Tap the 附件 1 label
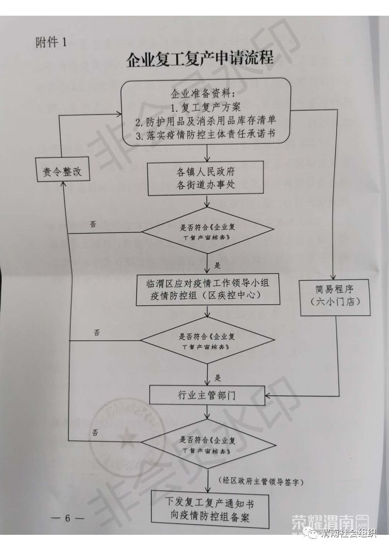pos(51,42)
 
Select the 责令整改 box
pos(62,172)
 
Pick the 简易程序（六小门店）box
pos(335,295)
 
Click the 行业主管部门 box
pos(207,395)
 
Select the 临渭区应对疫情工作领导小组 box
pos(208,290)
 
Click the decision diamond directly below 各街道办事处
pos(206,230)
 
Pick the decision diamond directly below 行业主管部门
pos(206,443)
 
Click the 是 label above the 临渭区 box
pos(218,265)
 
